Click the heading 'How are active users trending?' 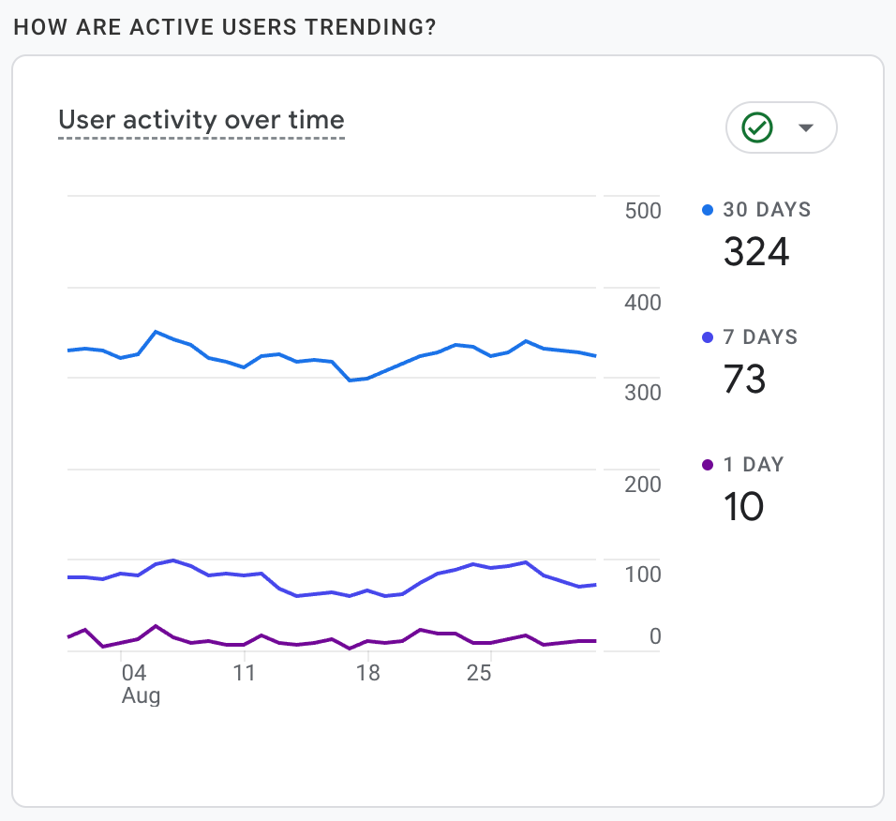click(x=225, y=26)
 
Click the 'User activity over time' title click(x=202, y=120)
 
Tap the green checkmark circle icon click(x=756, y=127)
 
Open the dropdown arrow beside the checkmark click(x=805, y=128)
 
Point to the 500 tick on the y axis click(x=643, y=211)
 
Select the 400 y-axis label click(x=643, y=303)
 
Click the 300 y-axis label click(x=643, y=393)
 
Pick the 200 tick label click(x=643, y=485)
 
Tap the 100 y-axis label click(x=643, y=575)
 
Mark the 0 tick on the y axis click(x=654, y=637)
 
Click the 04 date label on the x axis click(x=134, y=673)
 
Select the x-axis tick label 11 click(x=244, y=673)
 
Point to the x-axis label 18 click(x=368, y=673)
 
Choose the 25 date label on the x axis click(x=479, y=673)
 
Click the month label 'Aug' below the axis click(x=141, y=696)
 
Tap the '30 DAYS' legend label click(x=767, y=210)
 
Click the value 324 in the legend click(x=756, y=251)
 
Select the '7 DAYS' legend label click(x=760, y=337)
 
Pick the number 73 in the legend click(x=745, y=379)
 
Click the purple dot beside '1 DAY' click(x=709, y=465)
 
